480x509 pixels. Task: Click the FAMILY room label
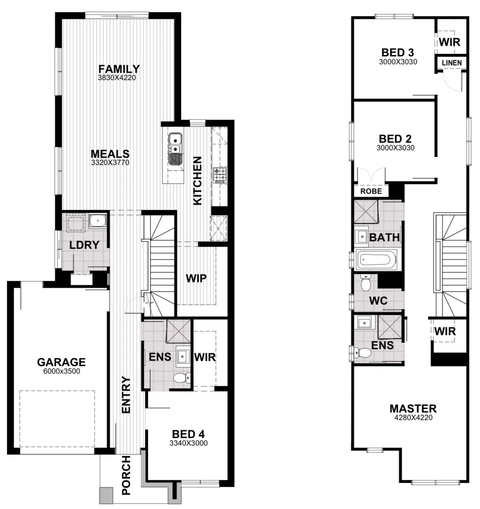(x=119, y=69)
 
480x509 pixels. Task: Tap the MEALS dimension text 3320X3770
(x=110, y=163)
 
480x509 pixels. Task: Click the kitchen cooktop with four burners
(x=219, y=174)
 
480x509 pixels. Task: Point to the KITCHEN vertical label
(x=198, y=181)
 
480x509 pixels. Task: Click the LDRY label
(x=84, y=245)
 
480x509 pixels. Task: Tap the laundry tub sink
(x=97, y=221)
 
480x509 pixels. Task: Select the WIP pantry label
(x=196, y=278)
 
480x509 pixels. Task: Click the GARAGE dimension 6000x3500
(x=62, y=372)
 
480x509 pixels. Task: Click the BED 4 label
(x=188, y=434)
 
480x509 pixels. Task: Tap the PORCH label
(x=126, y=475)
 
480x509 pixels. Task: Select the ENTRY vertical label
(x=126, y=394)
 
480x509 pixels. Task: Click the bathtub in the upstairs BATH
(x=376, y=259)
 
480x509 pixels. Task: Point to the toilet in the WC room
(x=366, y=283)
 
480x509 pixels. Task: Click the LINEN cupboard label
(x=452, y=63)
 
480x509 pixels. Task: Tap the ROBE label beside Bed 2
(x=371, y=191)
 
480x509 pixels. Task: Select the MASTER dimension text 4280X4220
(x=413, y=418)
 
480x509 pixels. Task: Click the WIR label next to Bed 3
(x=449, y=42)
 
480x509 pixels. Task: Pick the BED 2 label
(x=395, y=139)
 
